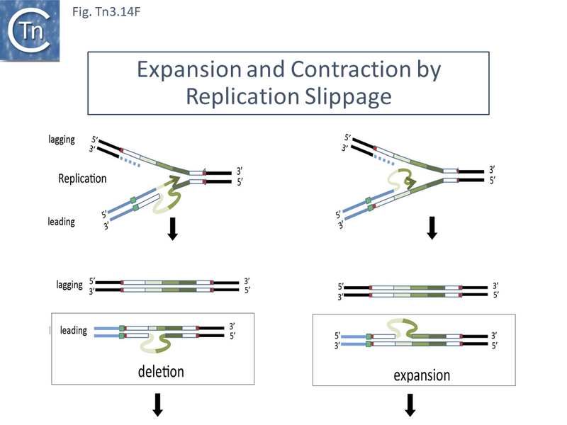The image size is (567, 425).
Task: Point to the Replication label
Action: click(82, 178)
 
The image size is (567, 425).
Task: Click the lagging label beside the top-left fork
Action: click(61, 140)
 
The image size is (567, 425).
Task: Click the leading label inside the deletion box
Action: click(74, 330)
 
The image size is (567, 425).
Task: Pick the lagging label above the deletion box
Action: click(70, 285)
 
